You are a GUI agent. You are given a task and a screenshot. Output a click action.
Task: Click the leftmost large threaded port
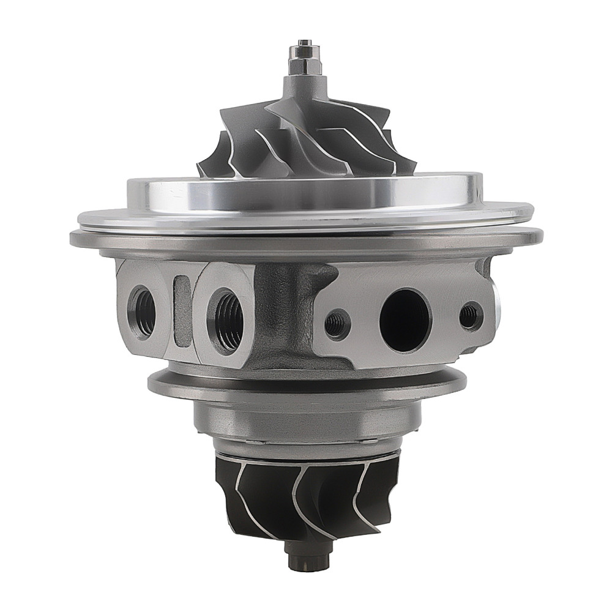[x=142, y=313]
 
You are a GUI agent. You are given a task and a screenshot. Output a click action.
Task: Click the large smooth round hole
[x=405, y=319]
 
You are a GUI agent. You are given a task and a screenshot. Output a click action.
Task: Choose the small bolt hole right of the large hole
[x=470, y=316]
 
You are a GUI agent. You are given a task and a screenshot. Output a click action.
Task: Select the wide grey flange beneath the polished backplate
[x=306, y=242]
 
